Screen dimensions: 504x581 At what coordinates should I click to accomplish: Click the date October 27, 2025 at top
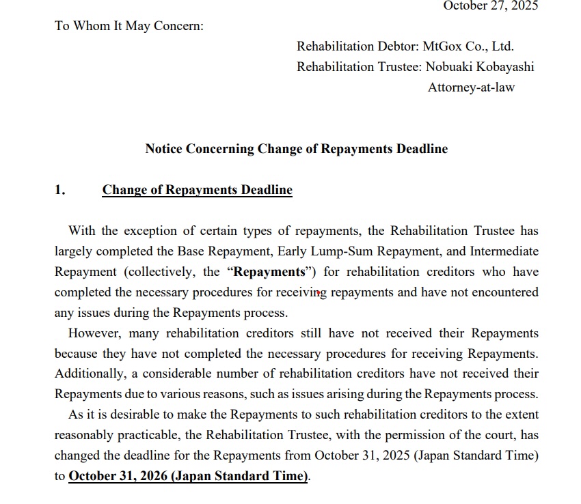[x=490, y=5]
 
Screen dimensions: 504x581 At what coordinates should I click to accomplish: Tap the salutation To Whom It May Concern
[x=129, y=26]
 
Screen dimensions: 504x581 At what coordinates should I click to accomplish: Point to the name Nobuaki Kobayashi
[x=480, y=67]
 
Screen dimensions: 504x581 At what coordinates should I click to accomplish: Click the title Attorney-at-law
[x=471, y=87]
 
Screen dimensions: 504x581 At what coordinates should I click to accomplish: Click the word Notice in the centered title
[x=163, y=148]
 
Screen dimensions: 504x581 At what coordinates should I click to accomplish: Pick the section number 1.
[x=59, y=190]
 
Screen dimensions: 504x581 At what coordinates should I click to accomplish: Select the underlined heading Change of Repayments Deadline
[x=197, y=190]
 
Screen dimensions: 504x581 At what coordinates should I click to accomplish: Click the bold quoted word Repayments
[x=269, y=272]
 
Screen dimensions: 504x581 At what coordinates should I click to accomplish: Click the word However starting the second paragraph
[x=94, y=333]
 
